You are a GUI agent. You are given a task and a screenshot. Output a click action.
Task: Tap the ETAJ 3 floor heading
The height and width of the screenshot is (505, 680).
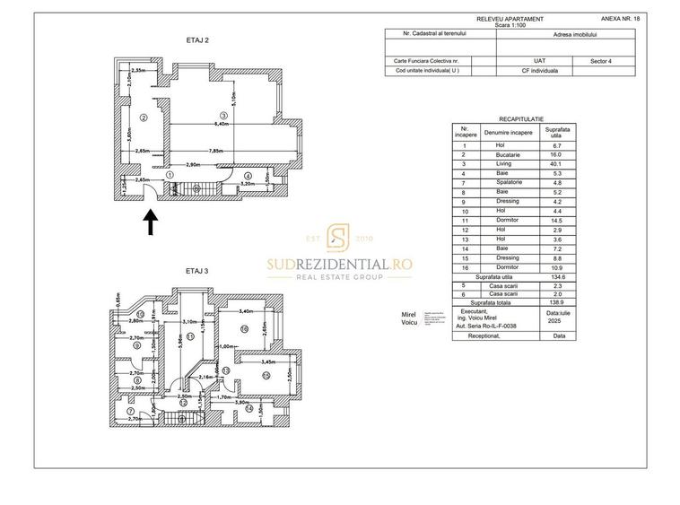point(196,271)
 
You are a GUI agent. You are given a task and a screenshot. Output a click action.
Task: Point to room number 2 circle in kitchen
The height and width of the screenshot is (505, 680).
point(143,118)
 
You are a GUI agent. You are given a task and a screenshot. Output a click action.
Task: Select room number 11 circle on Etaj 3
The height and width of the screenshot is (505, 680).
point(189,335)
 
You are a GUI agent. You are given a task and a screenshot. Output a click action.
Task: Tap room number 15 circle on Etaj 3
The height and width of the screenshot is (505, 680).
point(266,376)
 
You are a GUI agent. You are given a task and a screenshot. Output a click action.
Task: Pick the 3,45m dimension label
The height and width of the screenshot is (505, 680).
point(268,361)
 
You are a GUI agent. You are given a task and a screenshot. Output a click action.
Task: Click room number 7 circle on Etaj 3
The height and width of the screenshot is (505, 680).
point(130,411)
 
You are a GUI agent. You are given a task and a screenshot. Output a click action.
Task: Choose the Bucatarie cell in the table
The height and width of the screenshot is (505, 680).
point(508,154)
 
